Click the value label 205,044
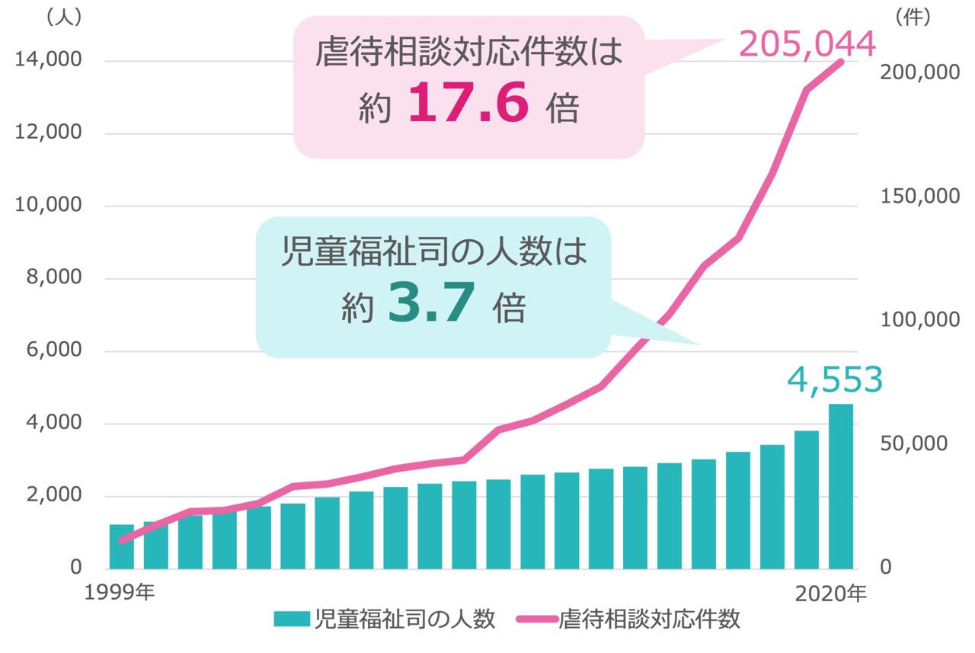(808, 46)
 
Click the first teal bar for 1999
(122, 546)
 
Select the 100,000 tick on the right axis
(920, 320)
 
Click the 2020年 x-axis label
(830, 593)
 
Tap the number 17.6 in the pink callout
(468, 106)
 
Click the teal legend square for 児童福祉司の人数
(292, 619)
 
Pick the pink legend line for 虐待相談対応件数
(537, 619)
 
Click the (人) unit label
(64, 18)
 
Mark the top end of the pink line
(841, 61)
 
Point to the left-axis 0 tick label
(75, 568)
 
